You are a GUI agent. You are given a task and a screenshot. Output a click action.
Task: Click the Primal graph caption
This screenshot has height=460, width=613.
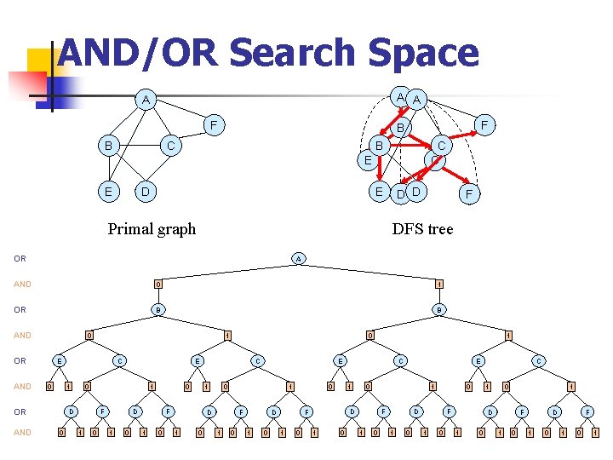[152, 228]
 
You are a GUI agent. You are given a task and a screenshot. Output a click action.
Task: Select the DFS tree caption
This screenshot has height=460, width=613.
[422, 228]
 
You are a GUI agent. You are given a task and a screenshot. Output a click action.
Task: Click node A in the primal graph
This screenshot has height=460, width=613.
[146, 101]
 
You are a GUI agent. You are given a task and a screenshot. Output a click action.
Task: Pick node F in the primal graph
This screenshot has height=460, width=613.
[215, 126]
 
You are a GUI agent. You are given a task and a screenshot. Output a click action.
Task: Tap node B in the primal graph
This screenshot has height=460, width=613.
[108, 146]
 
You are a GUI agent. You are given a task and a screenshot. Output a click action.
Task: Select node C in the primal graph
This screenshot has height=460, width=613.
[171, 146]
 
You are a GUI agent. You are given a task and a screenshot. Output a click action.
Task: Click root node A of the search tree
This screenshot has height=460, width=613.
[297, 258]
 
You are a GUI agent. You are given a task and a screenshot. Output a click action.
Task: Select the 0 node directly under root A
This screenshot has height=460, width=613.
[157, 284]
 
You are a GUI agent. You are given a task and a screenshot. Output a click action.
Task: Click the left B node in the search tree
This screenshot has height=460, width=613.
[157, 309]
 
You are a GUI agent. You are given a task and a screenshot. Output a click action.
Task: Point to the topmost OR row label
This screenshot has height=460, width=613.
[20, 258]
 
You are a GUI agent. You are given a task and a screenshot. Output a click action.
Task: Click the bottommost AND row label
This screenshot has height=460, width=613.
[22, 432]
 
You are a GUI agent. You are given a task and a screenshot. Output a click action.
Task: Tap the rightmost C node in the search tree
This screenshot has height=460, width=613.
[538, 360]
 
